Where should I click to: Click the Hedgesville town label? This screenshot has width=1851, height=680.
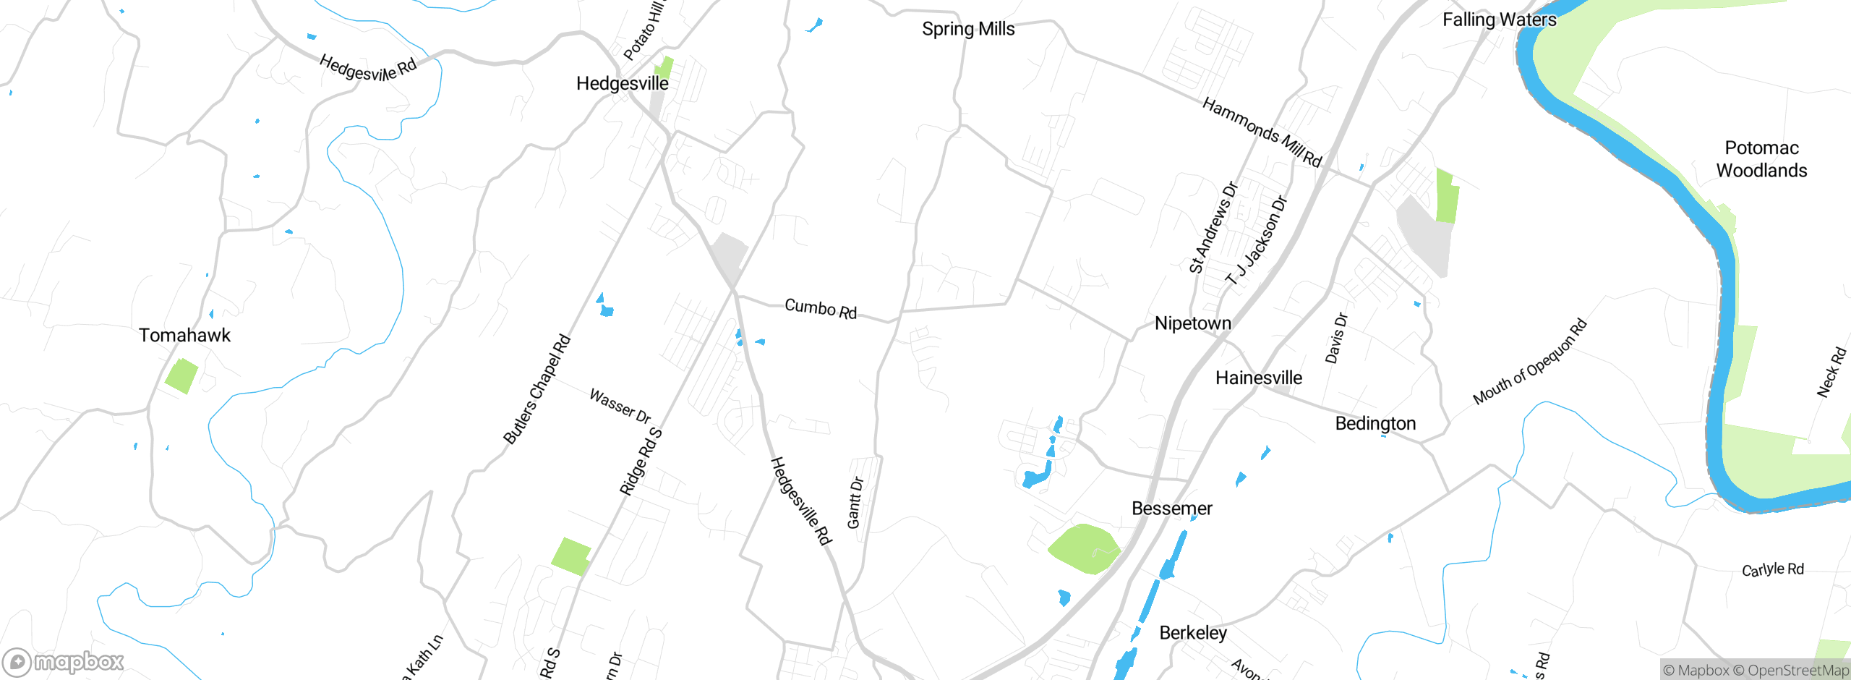pos(622,84)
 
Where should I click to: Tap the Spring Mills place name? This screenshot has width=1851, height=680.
pos(968,29)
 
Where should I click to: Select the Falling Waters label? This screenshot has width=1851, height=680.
pos(1499,20)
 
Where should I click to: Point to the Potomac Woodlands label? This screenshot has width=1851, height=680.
pos(1761,159)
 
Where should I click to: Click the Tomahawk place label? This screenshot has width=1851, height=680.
pos(184,335)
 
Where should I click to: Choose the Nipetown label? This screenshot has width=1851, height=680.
pos(1192,323)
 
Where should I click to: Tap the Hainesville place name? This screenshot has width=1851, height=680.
pos(1258,378)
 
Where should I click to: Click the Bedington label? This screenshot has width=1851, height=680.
pos(1375,423)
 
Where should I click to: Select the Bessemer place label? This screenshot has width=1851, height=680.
pos(1171,509)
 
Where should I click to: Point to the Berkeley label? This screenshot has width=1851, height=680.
pos(1193,633)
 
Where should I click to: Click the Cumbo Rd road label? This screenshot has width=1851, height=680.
pos(821,309)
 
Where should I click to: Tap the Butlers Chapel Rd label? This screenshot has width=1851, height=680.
pos(537,389)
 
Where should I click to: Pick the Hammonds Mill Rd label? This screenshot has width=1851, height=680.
pos(1262,132)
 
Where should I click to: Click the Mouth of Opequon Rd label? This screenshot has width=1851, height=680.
pos(1530,361)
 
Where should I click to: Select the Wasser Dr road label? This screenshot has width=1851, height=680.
pos(620,405)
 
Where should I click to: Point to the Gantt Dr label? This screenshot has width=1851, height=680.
pos(855,503)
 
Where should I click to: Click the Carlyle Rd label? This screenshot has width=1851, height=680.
pos(1772,569)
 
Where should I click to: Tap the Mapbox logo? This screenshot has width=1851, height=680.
pos(64,661)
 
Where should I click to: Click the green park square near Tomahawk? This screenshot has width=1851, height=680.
pos(181,376)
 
